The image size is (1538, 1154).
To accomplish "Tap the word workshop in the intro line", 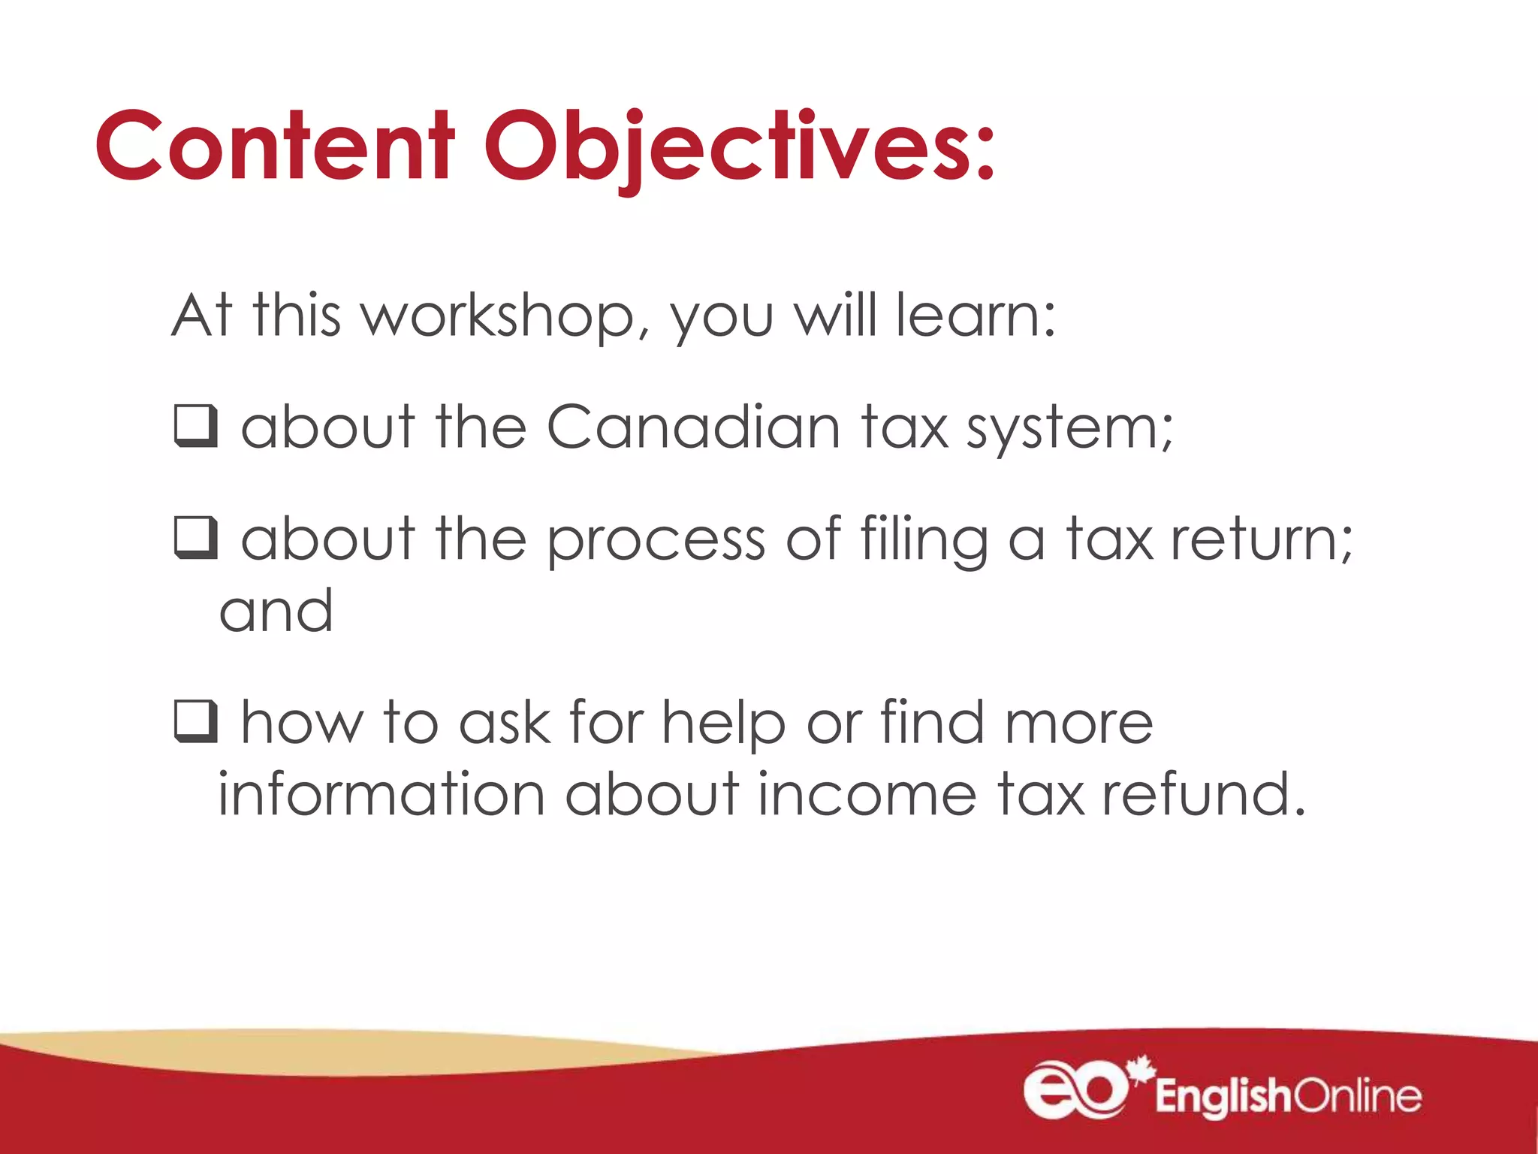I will click(x=499, y=316).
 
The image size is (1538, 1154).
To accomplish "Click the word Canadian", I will click(x=692, y=427).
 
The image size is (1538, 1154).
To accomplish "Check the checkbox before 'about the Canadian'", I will click(x=196, y=426).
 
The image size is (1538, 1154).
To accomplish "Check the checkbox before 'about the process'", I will click(x=196, y=538).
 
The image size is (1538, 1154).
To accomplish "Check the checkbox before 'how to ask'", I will click(x=196, y=721).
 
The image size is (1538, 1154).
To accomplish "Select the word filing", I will click(x=924, y=539).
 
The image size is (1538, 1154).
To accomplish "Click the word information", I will click(x=381, y=795).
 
